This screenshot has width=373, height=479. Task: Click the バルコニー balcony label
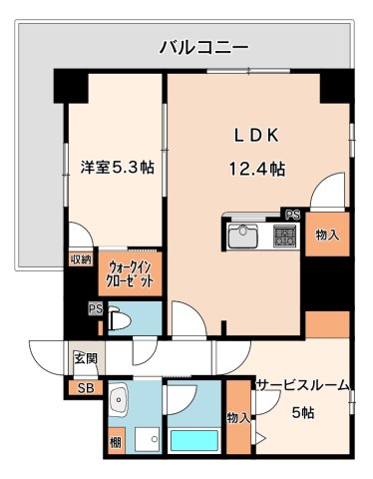[203, 47]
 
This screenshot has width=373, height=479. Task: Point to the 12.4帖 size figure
[257, 169]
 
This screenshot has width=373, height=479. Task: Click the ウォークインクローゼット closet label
[131, 273]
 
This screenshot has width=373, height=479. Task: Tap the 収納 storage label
[81, 260]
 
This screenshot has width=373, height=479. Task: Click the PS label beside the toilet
[96, 308]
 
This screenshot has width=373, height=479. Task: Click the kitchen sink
[242, 237]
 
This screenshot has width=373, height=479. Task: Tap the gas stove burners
[284, 237]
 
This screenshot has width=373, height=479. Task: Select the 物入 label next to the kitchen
[327, 236]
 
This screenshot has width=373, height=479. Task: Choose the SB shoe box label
[83, 387]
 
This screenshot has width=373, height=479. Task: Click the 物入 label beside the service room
[236, 417]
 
